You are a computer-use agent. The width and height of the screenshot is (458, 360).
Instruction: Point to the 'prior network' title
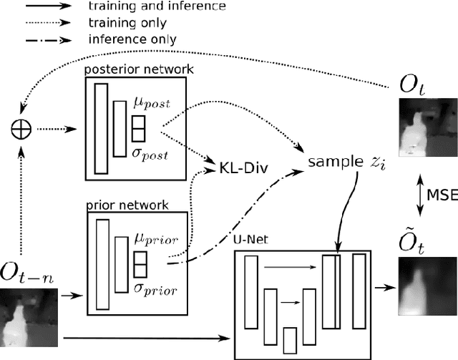click(x=127, y=205)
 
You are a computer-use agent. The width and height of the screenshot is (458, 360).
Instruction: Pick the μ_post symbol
click(x=152, y=104)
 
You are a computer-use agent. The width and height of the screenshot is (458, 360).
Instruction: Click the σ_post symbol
click(x=151, y=153)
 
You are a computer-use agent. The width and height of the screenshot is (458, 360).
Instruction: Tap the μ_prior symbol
click(x=158, y=238)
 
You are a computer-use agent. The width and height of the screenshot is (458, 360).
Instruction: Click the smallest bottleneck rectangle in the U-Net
click(x=290, y=339)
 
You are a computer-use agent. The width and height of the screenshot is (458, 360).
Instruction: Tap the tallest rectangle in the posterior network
click(x=101, y=127)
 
